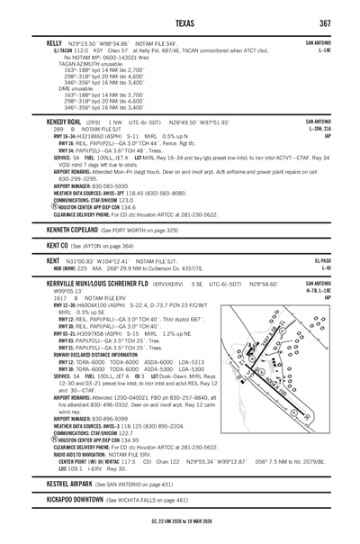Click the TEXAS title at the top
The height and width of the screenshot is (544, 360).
(x=180, y=22)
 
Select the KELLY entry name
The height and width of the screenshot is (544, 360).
(x=56, y=43)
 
